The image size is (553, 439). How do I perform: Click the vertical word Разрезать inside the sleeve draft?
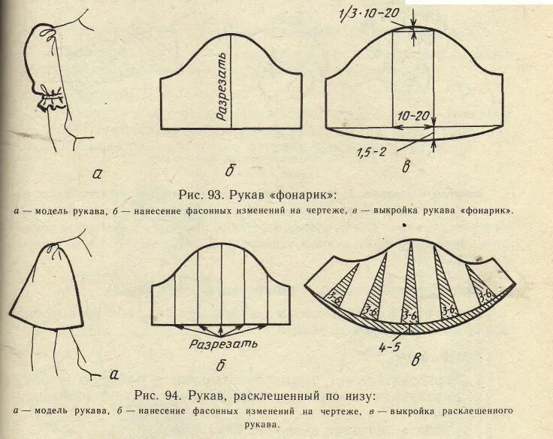222,86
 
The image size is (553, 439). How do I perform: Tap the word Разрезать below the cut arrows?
223,344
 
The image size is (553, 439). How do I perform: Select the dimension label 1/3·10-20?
369,14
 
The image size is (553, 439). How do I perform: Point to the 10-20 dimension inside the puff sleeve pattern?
414,116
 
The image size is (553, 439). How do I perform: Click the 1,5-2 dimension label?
372,152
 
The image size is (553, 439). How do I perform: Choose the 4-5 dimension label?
389,347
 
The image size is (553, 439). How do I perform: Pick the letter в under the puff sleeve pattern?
406,167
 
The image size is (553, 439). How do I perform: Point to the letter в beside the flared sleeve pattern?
416,359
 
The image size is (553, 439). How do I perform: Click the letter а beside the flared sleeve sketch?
114,374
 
